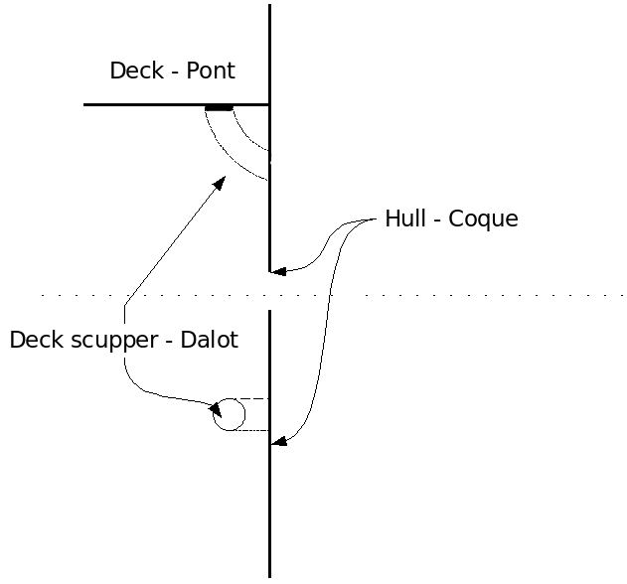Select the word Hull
405,219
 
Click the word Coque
484,219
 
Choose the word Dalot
208,340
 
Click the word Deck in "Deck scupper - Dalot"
33,340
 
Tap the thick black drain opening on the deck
219,106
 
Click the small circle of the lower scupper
229,415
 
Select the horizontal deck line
149,104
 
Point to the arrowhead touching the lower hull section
279,442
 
